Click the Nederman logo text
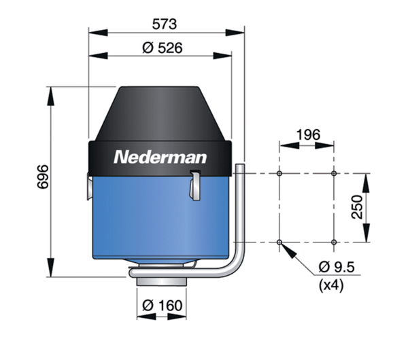click(160, 157)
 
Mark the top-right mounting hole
click(334, 174)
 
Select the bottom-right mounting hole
click(334, 242)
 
